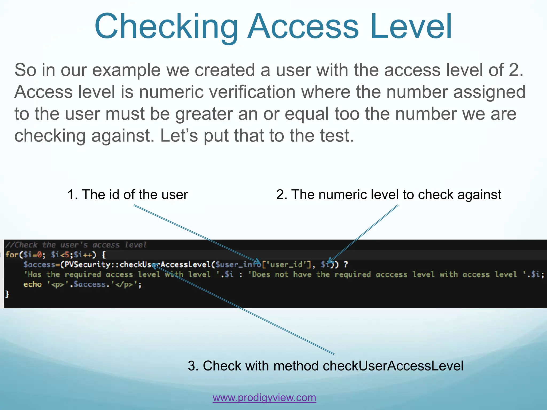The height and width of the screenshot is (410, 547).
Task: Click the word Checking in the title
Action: click(x=166, y=27)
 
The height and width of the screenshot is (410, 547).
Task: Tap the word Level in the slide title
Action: click(x=411, y=27)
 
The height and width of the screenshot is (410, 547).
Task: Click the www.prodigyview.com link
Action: click(x=264, y=397)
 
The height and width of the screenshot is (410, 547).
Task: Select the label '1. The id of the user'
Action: click(x=127, y=194)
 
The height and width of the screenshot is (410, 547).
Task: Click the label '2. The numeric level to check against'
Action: click(x=389, y=194)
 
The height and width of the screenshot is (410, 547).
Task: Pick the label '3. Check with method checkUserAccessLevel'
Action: click(x=326, y=366)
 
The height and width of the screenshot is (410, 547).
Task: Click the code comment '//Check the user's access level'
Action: click(x=76, y=245)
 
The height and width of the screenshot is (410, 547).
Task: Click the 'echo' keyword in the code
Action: click(x=33, y=284)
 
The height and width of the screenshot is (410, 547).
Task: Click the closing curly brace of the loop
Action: click(x=7, y=294)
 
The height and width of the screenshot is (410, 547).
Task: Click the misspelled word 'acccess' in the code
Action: click(x=391, y=274)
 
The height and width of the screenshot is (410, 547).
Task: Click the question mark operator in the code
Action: click(x=346, y=265)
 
